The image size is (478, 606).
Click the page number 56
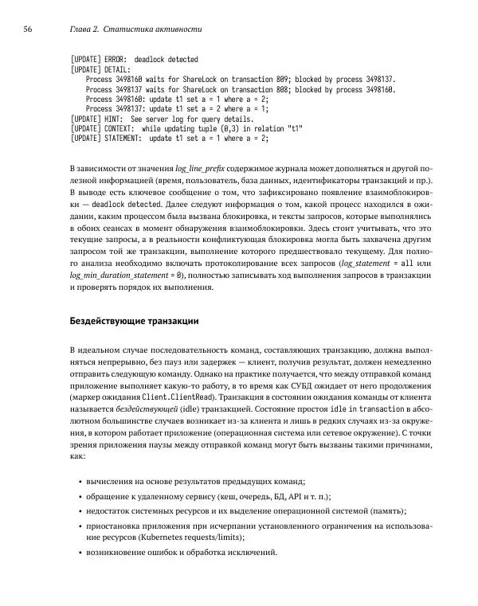[x=27, y=29]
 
